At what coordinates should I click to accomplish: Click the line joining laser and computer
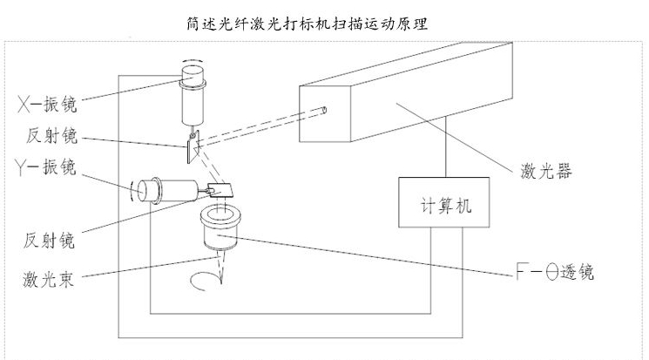(x=447, y=149)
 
